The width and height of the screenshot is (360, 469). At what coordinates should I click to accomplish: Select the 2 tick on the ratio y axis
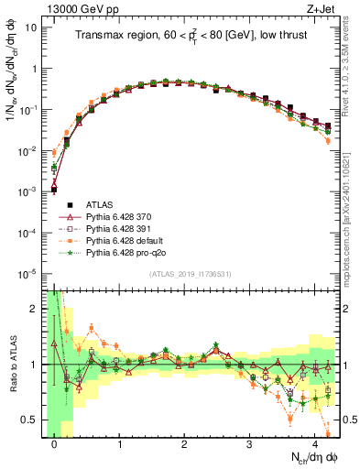(35, 308)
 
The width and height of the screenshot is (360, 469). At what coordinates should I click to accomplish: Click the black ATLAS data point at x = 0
(54, 190)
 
